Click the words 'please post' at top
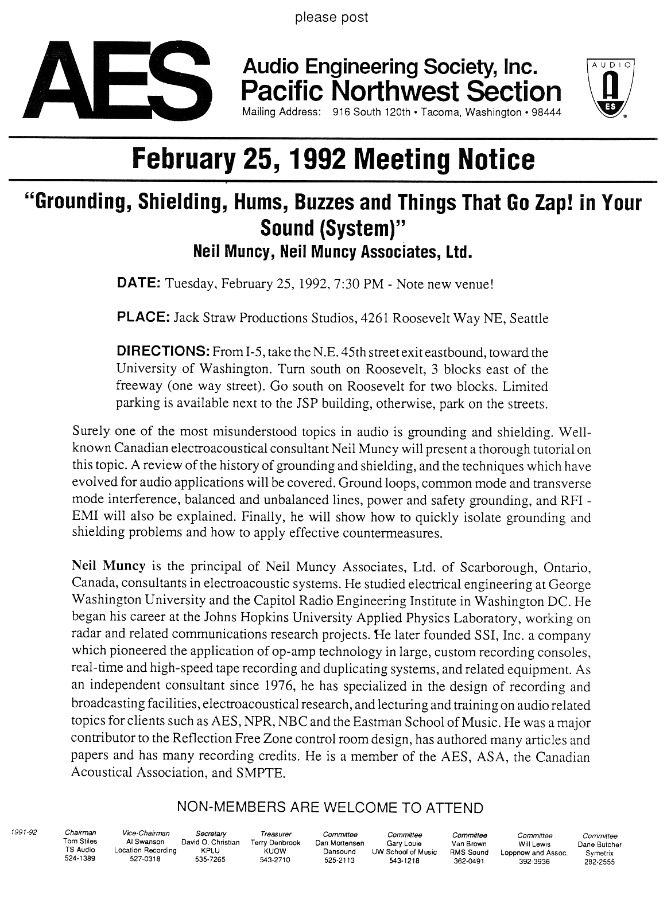(331, 18)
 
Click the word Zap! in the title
(540, 203)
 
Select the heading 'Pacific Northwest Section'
(401, 91)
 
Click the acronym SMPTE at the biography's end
(259, 773)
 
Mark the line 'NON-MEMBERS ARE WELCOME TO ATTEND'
(330, 808)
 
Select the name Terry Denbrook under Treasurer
(276, 844)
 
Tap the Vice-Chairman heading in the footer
(146, 834)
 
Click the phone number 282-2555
(599, 862)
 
